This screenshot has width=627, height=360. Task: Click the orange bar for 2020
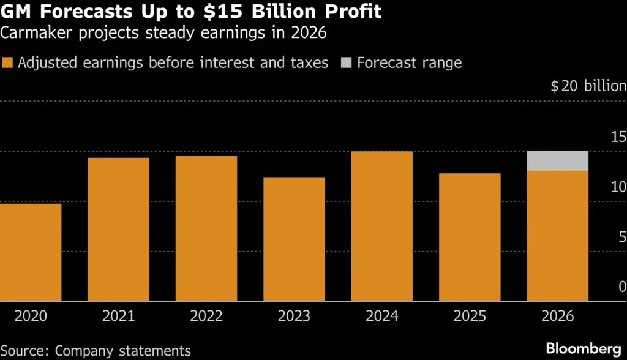click(x=31, y=252)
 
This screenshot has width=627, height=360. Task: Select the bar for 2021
click(x=118, y=230)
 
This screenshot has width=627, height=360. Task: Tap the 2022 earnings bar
click(x=206, y=228)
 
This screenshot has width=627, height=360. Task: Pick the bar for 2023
click(x=294, y=239)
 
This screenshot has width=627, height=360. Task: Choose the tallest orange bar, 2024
click(x=382, y=226)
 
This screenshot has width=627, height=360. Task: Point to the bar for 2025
click(x=470, y=237)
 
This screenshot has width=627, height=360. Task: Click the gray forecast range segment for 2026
click(x=557, y=160)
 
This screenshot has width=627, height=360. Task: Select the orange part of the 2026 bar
click(x=557, y=236)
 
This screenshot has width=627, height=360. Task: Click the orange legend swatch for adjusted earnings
click(x=7, y=63)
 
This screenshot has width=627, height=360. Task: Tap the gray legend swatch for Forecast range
click(x=346, y=63)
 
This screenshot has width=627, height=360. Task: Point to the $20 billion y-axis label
click(x=588, y=86)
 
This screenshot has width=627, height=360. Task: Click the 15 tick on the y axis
click(x=618, y=137)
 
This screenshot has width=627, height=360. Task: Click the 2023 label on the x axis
click(x=294, y=317)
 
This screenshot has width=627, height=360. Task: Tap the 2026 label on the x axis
click(x=557, y=317)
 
